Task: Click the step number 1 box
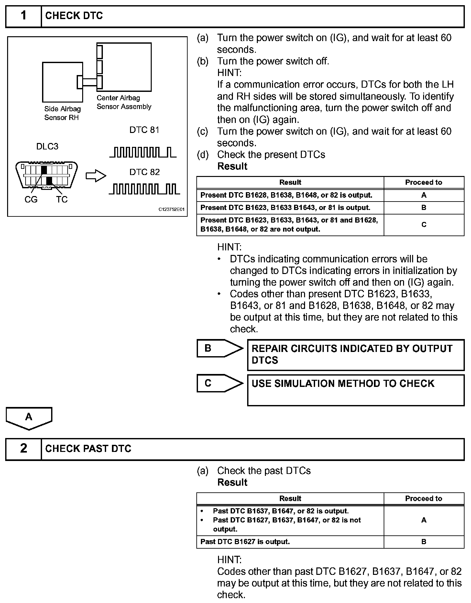pos(24,16)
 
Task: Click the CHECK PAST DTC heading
pos(88,449)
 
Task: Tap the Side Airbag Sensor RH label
pos(62,113)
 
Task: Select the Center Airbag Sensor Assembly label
pos(124,102)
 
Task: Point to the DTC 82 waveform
pos(144,189)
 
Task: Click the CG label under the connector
pos(31,200)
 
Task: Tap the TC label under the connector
pos(61,200)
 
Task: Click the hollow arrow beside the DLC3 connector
pos(96,176)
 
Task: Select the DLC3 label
pos(47,147)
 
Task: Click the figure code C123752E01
pos(171,210)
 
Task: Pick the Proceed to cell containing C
pos(424,225)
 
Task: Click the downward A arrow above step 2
pos(29,418)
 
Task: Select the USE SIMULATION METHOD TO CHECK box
pos(356,390)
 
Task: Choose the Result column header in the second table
pos(290,499)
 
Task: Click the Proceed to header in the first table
pos(424,182)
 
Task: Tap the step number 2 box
pos(24,449)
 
